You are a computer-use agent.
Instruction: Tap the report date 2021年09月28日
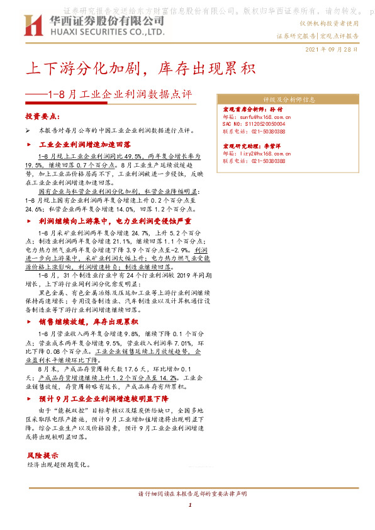(x=332, y=48)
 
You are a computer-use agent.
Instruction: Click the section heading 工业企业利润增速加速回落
(x=89, y=145)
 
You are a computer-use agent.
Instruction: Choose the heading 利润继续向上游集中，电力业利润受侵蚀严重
(x=115, y=222)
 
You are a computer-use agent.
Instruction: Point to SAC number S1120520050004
(x=259, y=125)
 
